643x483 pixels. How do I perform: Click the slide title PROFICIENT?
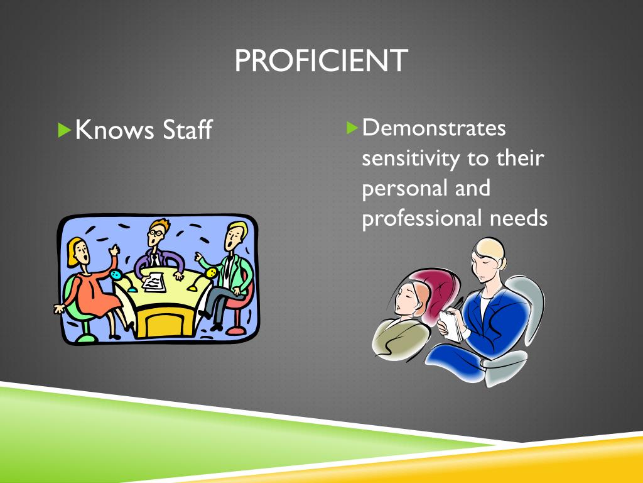(x=321, y=61)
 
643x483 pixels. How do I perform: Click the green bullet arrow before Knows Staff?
(x=63, y=130)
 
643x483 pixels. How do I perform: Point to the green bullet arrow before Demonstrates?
(x=352, y=128)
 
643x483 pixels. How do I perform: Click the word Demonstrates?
(x=434, y=128)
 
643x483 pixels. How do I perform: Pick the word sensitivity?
(x=411, y=158)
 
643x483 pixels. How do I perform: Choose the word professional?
(x=420, y=219)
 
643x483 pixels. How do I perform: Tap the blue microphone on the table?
(x=116, y=275)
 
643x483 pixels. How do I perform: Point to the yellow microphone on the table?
(x=212, y=273)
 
